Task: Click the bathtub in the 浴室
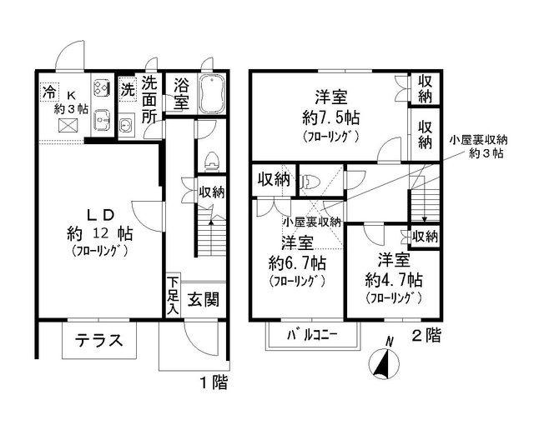pyautogui.click(x=211, y=94)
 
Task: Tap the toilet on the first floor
pyautogui.click(x=211, y=162)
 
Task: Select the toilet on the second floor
pyautogui.click(x=310, y=181)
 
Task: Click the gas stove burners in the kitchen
pyautogui.click(x=102, y=87)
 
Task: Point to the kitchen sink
pyautogui.click(x=102, y=120)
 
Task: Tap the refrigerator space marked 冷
pyautogui.click(x=49, y=91)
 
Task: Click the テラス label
pyautogui.click(x=98, y=340)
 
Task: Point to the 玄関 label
pyautogui.click(x=204, y=299)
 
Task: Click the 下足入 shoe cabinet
pyautogui.click(x=174, y=296)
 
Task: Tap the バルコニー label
pyautogui.click(x=312, y=335)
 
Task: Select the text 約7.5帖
pyautogui.click(x=330, y=117)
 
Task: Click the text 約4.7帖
pyautogui.click(x=394, y=280)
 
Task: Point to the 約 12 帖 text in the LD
pyautogui.click(x=100, y=233)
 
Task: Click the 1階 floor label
pyautogui.click(x=214, y=382)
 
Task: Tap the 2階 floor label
pyautogui.click(x=426, y=335)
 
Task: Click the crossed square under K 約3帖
pyautogui.click(x=68, y=125)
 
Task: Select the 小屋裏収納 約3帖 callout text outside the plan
pyautogui.click(x=479, y=147)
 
